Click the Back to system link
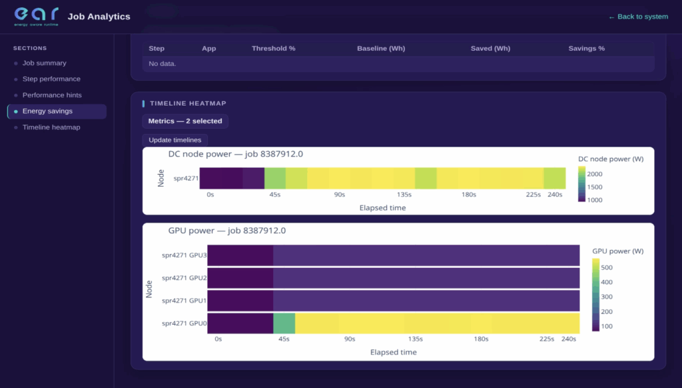(x=638, y=17)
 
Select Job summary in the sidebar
(x=45, y=63)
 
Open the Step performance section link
(x=51, y=79)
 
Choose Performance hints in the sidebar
(x=52, y=95)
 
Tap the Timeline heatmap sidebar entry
(x=51, y=127)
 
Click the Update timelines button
(x=175, y=140)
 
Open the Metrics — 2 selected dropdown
(x=185, y=121)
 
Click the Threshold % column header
(x=274, y=49)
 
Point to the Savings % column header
(x=586, y=49)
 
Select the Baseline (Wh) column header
(x=381, y=49)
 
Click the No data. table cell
(x=163, y=63)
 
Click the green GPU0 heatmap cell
(x=284, y=323)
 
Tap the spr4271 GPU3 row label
(x=184, y=255)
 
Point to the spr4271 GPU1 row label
(x=184, y=301)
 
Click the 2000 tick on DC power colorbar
(x=595, y=174)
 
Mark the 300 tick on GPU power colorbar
(x=607, y=297)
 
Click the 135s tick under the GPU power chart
(x=416, y=339)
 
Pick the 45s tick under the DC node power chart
(x=275, y=195)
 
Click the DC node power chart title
(x=235, y=154)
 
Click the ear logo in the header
(x=36, y=16)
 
